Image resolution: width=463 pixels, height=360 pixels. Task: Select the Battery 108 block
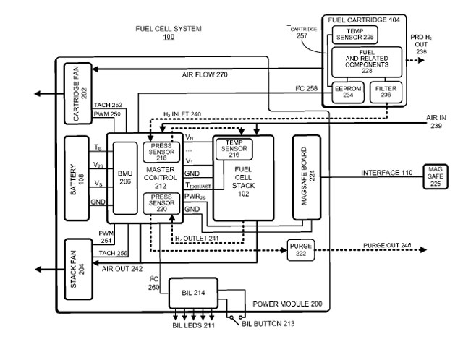78,177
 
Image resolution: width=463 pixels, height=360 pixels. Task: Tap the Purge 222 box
300,249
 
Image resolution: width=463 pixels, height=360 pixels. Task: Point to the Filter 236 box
386,93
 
